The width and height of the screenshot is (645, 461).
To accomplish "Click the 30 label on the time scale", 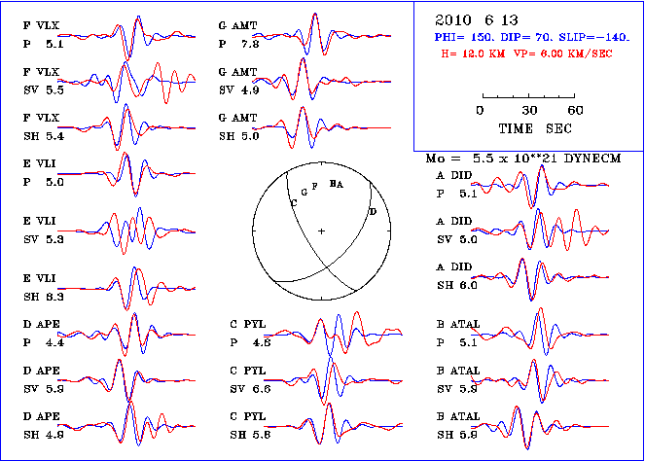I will [530, 110].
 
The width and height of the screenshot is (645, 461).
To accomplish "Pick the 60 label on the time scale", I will [576, 110].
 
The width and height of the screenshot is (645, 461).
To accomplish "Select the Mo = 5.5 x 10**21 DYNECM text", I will [524, 157].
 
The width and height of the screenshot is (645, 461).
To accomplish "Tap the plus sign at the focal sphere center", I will [321, 230].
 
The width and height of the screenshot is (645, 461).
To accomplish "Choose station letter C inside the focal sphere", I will [294, 201].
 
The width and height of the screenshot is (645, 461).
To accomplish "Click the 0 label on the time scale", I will [481, 110].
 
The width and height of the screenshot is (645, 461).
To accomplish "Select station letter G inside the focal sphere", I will [305, 192].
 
